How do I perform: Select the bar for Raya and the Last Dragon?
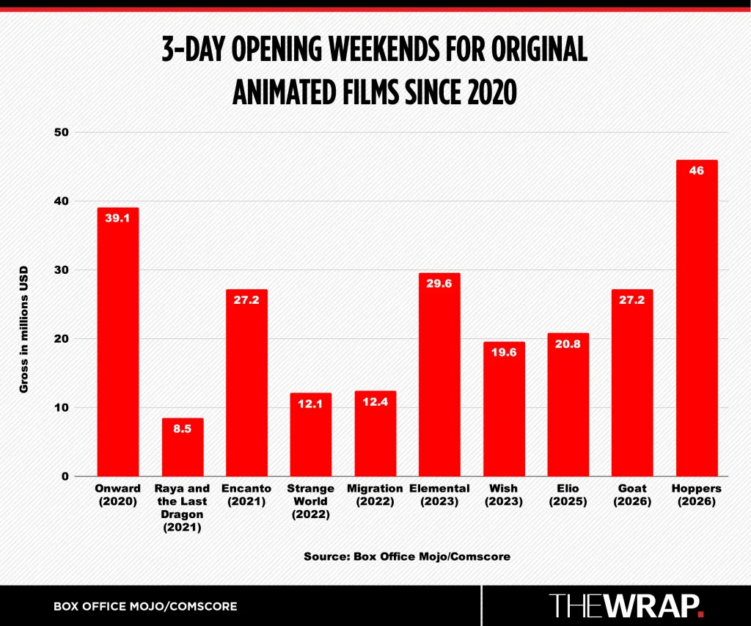pyautogui.click(x=183, y=447)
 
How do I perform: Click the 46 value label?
pyautogui.click(x=696, y=170)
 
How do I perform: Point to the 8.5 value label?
pyautogui.click(x=183, y=428)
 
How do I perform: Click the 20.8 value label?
pyautogui.click(x=568, y=343)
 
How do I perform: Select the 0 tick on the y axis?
pyautogui.click(x=65, y=476)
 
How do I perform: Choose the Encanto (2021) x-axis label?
pyautogui.click(x=246, y=495)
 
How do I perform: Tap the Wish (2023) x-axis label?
pyautogui.click(x=503, y=495)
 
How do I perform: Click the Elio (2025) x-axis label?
pyautogui.click(x=568, y=495)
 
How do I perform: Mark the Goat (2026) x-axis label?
pyautogui.click(x=631, y=495)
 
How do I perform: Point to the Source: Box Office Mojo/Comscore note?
pyautogui.click(x=407, y=556)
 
